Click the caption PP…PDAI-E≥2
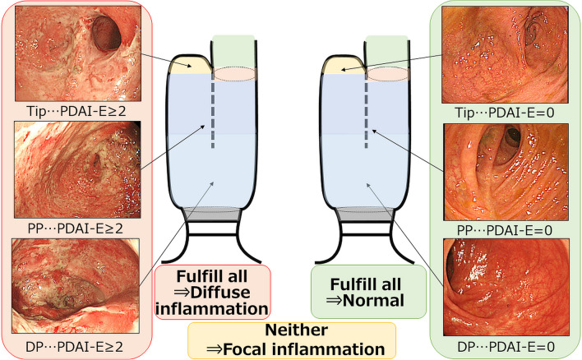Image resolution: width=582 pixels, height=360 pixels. tap(71, 224)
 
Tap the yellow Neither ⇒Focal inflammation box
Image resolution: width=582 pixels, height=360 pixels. tap(291, 339)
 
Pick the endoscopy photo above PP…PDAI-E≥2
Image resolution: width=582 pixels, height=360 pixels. tap(71, 168)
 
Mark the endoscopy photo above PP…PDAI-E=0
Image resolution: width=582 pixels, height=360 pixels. tap(510, 168)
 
